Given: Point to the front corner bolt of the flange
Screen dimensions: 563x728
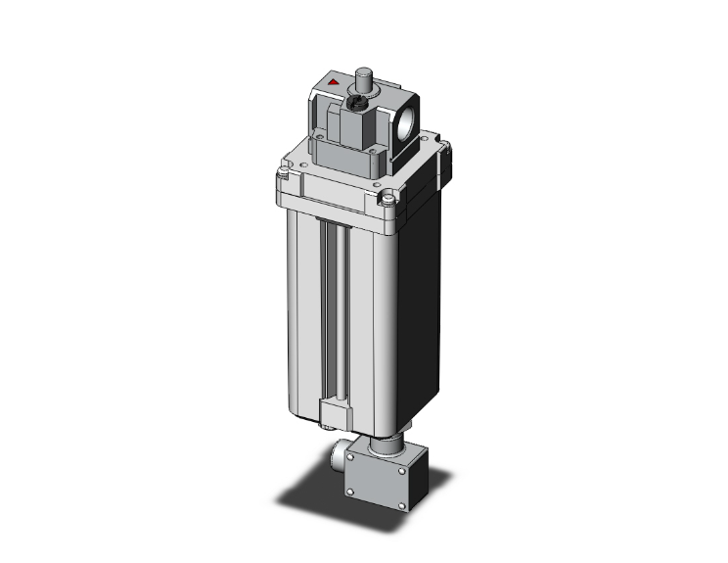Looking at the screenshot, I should point(389,201).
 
